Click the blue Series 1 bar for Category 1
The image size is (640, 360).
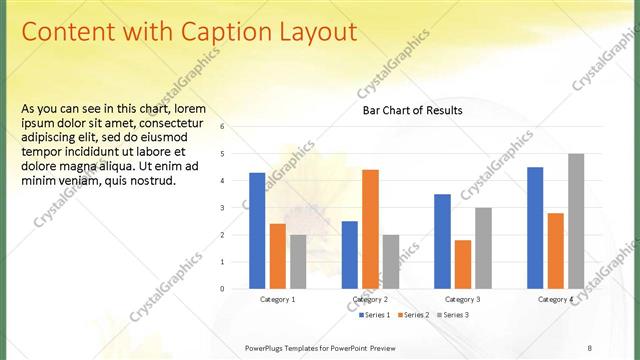(257, 231)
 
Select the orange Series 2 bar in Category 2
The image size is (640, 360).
(370, 229)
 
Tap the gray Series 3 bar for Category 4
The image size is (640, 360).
(576, 221)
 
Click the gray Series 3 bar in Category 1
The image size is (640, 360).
(298, 262)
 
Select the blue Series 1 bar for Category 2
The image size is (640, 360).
(350, 255)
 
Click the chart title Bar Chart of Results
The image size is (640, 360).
(412, 110)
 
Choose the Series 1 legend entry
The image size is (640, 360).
(376, 315)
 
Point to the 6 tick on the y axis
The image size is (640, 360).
(237, 127)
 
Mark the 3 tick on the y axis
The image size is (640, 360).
(237, 208)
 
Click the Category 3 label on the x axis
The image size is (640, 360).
(462, 299)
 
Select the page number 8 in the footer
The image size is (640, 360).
(589, 347)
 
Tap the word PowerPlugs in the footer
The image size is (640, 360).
(268, 347)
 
